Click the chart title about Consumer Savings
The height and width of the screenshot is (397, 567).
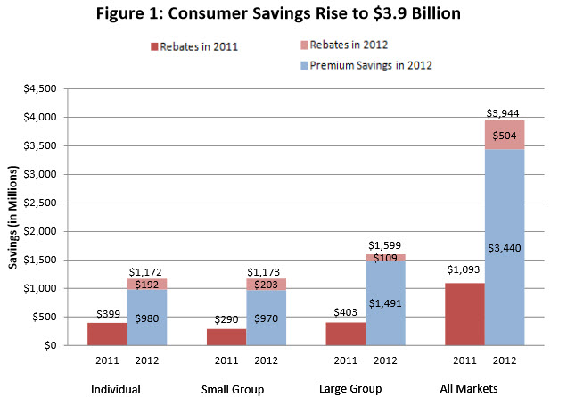(x=283, y=15)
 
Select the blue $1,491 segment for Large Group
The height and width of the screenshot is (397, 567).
(x=384, y=303)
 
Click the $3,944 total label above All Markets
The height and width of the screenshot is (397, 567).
(x=502, y=112)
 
